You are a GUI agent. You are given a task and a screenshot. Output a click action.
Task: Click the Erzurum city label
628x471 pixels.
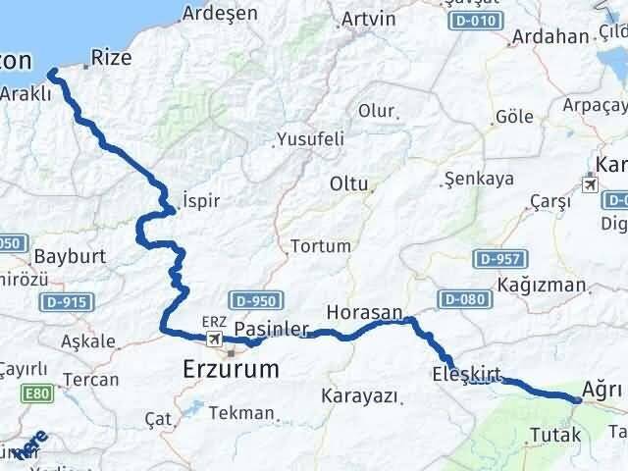(231, 369)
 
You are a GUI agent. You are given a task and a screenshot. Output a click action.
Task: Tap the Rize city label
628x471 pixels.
(110, 58)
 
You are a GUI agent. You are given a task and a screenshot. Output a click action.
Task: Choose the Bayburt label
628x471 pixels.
(68, 257)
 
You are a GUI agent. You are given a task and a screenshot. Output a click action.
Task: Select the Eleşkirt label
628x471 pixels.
(466, 373)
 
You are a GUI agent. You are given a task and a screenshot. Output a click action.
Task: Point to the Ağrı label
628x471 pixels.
(602, 390)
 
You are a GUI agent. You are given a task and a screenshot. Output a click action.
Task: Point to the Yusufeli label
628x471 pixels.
(310, 138)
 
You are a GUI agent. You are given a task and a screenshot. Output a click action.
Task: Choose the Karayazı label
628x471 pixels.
(358, 396)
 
